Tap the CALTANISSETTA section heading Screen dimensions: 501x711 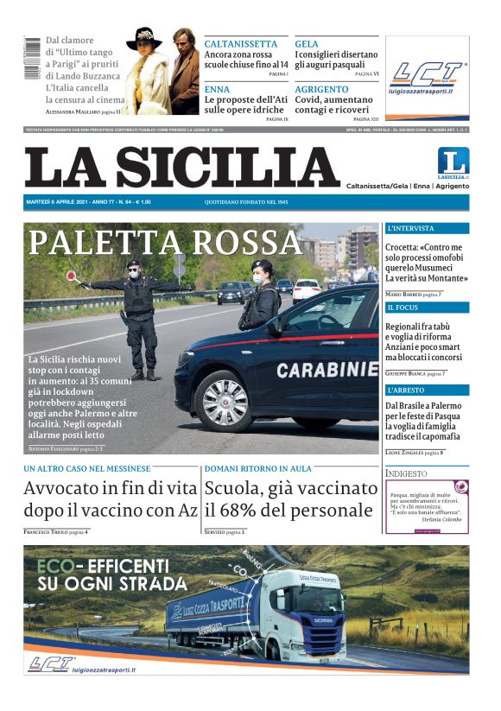point(241,44)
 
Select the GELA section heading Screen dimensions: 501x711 point(307,44)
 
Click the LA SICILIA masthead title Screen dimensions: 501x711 point(181,168)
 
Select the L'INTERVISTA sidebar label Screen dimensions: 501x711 point(411,229)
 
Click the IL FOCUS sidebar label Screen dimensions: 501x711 point(403,308)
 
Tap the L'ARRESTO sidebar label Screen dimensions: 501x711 point(407,390)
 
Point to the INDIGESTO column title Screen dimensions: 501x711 point(407,473)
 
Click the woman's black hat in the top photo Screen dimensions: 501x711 point(145,38)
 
